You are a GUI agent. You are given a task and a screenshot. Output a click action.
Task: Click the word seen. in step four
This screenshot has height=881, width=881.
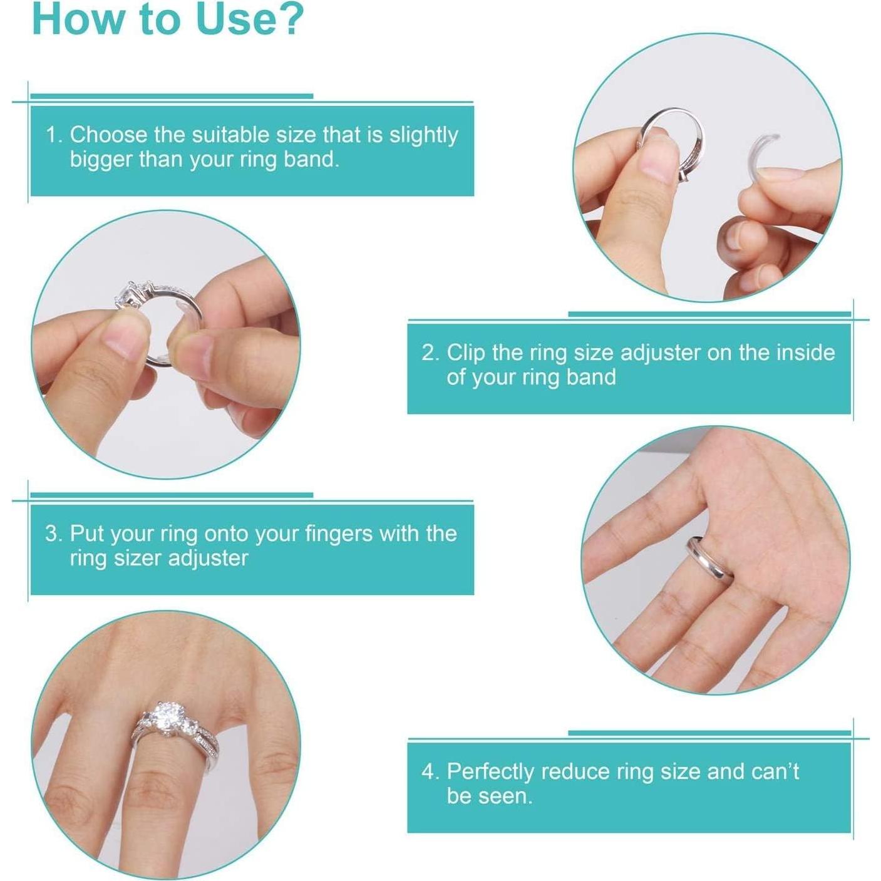[489, 796]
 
